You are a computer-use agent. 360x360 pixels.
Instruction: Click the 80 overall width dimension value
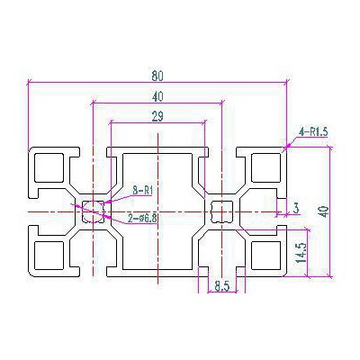[x=157, y=76]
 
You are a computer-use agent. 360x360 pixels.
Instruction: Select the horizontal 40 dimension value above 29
[x=157, y=96]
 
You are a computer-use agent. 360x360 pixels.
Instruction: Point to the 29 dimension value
[x=157, y=117]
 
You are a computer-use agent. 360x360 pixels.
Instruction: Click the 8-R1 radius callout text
[x=143, y=190]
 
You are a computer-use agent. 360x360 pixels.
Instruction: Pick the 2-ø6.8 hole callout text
[x=142, y=219]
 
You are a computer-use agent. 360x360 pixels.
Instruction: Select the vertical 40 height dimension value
[x=325, y=211]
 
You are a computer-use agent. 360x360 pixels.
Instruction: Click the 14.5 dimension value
[x=301, y=253]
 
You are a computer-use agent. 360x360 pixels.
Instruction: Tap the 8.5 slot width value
[x=222, y=287]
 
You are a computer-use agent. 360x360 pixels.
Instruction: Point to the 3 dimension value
[x=296, y=208]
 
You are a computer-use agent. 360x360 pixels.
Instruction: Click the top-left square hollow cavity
[x=49, y=168]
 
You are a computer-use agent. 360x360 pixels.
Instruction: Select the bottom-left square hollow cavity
[x=49, y=256]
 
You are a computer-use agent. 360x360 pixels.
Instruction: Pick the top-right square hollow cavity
[x=266, y=167]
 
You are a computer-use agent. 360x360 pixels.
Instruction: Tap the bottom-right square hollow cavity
[x=266, y=256]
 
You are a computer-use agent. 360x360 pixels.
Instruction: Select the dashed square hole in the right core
[x=222, y=211]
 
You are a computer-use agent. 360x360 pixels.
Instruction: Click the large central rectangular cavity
[x=157, y=211]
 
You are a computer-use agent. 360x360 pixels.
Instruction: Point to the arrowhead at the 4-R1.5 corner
[x=288, y=147]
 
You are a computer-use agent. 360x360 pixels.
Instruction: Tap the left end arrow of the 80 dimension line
[x=31, y=82]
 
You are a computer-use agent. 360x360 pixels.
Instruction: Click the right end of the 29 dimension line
[x=205, y=122]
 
